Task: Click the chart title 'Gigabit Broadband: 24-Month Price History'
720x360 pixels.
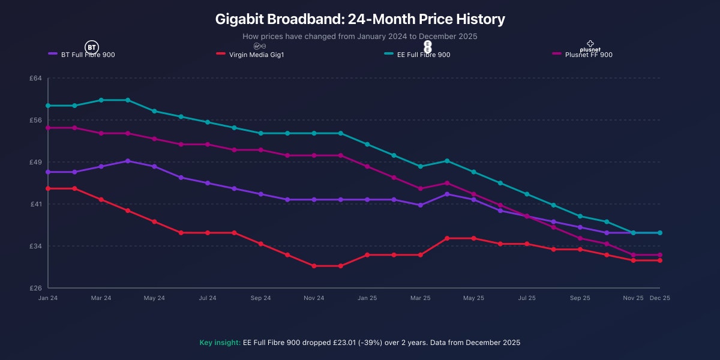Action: click(360, 19)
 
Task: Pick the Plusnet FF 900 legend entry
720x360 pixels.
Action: click(588, 55)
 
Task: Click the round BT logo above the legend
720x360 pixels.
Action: click(91, 47)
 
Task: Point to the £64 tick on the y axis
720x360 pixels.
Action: click(35, 78)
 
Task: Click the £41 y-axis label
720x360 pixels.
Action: click(35, 204)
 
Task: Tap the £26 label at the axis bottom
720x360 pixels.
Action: click(35, 288)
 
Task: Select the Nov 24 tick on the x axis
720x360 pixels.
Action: click(314, 298)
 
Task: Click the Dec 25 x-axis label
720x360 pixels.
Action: click(660, 298)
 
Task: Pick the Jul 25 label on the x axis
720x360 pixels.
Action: click(526, 298)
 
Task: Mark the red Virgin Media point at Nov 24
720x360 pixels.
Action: click(314, 266)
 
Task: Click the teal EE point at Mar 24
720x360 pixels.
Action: click(101, 100)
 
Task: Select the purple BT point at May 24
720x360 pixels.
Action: click(154, 166)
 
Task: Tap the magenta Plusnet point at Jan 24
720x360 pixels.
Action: click(48, 128)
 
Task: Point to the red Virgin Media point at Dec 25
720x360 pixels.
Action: click(660, 260)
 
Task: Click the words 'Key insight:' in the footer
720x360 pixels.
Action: click(220, 343)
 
